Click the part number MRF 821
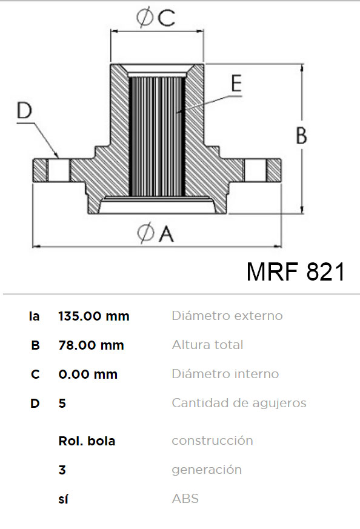296,271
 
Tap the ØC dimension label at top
156,17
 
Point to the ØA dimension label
156,233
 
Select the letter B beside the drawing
301,135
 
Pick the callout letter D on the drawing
24,110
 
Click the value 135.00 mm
94,316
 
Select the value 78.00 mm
91,345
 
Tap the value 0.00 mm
88,374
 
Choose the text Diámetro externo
227,316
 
